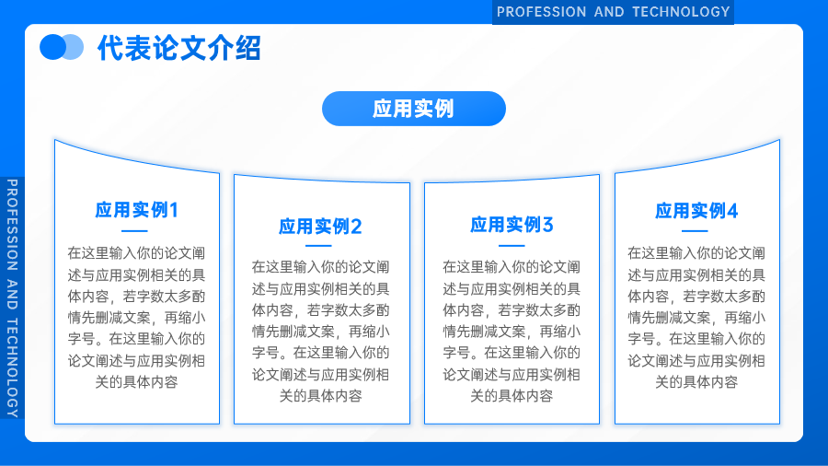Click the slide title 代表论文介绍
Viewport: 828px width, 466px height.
click(179, 48)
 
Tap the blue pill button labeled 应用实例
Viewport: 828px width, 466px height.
click(414, 109)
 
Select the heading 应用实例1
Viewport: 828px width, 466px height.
click(137, 210)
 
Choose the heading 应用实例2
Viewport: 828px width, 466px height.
click(320, 227)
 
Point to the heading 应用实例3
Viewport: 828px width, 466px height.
click(512, 225)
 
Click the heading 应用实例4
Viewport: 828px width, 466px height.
click(696, 211)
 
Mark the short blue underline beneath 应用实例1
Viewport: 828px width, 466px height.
click(134, 231)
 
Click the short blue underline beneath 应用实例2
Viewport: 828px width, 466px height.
click(318, 246)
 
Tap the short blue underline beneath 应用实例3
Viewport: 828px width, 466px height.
click(512, 246)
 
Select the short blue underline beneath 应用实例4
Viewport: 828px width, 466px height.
click(695, 231)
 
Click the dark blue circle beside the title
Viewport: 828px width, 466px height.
click(52, 47)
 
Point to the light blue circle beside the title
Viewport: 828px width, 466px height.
click(75, 47)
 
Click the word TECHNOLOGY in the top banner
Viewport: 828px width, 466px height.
click(681, 12)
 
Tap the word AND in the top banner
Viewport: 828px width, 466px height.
click(609, 12)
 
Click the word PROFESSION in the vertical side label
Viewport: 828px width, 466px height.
click(12, 225)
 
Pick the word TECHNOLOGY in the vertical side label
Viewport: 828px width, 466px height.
click(12, 367)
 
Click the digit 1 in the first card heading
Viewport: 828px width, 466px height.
click(174, 210)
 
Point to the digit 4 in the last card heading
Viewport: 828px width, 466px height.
click(732, 211)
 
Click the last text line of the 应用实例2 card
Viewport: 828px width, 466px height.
click(320, 396)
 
